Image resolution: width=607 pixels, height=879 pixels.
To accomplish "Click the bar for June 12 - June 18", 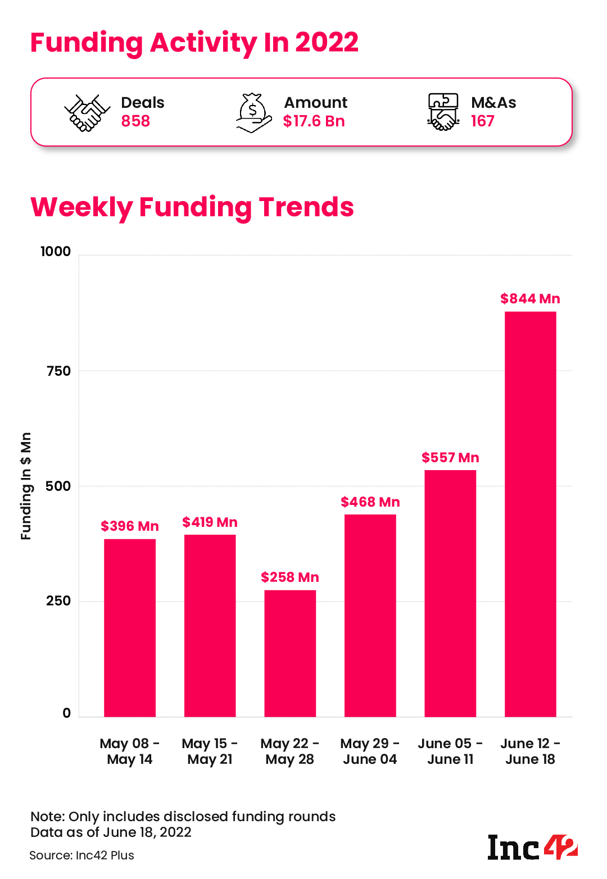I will [x=530, y=514].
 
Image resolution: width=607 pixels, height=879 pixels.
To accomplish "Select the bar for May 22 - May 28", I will [x=290, y=653].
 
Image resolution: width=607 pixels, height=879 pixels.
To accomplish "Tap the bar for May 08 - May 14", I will [x=130, y=628].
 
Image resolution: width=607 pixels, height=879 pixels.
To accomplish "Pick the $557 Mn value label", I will [x=450, y=458].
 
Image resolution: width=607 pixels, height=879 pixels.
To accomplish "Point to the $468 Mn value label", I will [x=370, y=502].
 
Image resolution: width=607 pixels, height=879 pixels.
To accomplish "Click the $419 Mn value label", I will [x=210, y=522].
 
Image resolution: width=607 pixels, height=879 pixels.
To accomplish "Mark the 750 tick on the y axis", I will [x=58, y=371].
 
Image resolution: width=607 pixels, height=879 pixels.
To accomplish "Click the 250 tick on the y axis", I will [x=58, y=601].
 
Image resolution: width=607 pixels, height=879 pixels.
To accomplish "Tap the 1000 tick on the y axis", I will [x=56, y=252].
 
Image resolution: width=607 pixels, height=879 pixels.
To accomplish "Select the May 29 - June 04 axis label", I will [x=370, y=752].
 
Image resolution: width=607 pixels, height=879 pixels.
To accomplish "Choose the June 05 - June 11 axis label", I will [x=450, y=752].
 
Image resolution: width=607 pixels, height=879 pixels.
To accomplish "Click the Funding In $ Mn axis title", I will [x=26, y=486].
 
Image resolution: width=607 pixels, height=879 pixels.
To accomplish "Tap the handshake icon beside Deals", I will [x=87, y=112].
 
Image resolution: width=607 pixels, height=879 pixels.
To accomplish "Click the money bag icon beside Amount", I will [x=253, y=112].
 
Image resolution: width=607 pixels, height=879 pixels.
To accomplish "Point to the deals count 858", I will [x=135, y=121].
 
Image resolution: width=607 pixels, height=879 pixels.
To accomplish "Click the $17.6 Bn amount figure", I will [x=314, y=121].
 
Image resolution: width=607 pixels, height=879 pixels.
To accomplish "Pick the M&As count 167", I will [x=482, y=121].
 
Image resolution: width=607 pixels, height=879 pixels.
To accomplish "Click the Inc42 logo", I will [x=532, y=848].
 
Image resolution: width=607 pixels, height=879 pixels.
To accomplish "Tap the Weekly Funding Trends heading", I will [x=192, y=207].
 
